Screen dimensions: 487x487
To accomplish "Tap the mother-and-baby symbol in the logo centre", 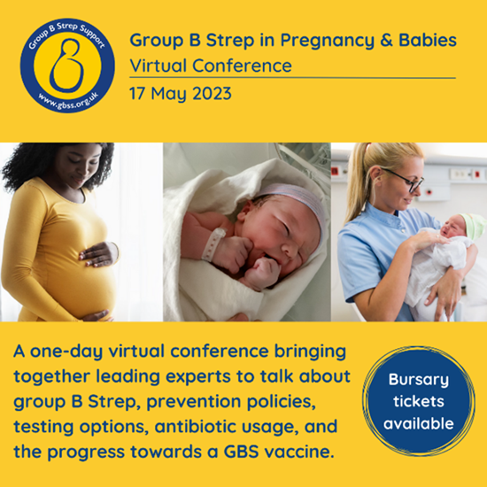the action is coord(67,66).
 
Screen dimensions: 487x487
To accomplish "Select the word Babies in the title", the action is coord(428,40).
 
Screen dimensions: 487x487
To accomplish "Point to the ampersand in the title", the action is coord(386,41).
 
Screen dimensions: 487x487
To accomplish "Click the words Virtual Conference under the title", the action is coord(211,66).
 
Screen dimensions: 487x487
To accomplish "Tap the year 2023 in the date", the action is coord(212,94).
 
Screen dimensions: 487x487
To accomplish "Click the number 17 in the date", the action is coord(137,94).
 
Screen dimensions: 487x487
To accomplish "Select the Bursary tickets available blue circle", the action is coord(418,401).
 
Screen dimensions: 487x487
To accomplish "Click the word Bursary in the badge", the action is coord(418,380).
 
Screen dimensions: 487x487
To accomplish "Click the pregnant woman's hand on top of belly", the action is coord(97,254).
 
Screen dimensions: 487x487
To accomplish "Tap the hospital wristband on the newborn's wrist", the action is coord(214,243).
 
